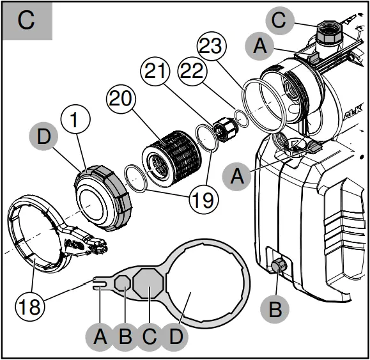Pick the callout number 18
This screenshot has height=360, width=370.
coord(30,305)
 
